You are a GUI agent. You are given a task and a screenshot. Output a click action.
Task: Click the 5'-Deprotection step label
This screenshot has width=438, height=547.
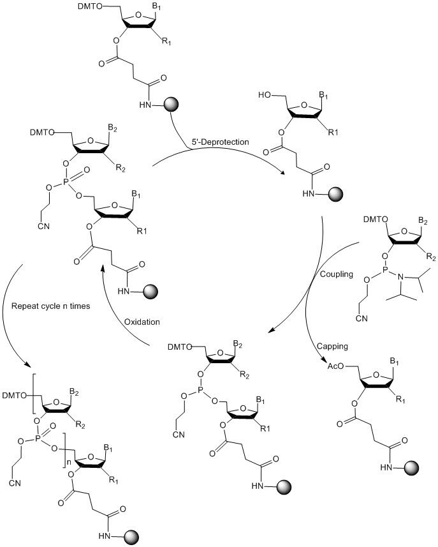(x=220, y=142)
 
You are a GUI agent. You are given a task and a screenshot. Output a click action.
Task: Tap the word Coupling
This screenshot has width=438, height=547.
(x=337, y=274)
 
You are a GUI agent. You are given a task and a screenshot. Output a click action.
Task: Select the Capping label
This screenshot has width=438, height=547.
(x=332, y=346)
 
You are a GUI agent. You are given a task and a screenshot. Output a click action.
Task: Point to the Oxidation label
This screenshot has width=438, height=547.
(x=142, y=322)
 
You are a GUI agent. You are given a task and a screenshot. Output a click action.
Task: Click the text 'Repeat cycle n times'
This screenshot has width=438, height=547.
(x=50, y=306)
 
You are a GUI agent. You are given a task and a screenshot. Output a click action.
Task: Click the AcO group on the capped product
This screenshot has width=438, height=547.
(x=336, y=366)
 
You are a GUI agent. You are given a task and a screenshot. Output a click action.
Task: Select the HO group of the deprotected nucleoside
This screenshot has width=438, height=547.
(x=265, y=95)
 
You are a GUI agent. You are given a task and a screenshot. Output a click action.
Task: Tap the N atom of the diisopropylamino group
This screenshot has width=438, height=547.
(x=400, y=278)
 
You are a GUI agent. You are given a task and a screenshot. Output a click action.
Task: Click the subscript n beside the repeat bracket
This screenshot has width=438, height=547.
(x=69, y=462)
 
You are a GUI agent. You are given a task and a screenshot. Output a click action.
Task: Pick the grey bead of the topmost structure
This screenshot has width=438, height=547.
(x=171, y=104)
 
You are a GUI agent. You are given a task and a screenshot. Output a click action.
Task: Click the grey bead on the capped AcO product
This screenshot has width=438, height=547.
(x=412, y=467)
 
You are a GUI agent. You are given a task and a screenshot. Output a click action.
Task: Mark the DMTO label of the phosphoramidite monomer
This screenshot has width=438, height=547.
(x=376, y=220)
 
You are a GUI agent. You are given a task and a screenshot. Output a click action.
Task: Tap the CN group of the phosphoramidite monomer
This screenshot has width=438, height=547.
(x=361, y=318)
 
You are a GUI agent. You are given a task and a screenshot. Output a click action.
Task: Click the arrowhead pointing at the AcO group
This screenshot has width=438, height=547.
(x=323, y=360)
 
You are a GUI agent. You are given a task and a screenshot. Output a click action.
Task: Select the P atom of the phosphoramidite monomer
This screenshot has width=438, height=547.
(x=381, y=269)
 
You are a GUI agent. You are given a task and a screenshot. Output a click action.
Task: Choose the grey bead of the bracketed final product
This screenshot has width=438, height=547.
(x=132, y=537)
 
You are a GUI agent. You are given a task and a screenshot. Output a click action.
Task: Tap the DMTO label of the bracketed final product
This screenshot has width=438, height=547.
(x=15, y=396)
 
